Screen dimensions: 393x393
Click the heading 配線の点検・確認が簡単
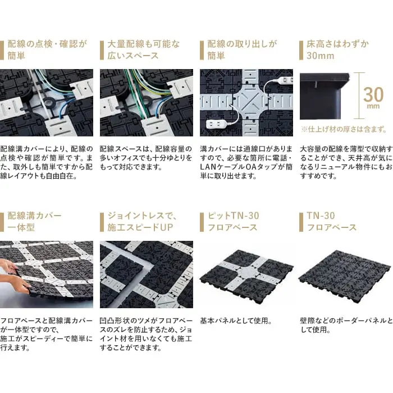tap(47, 49)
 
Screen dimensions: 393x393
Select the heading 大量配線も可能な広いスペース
tap(144, 49)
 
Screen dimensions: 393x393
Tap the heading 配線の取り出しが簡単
tap(242, 49)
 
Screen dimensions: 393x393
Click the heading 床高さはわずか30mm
tap(337, 49)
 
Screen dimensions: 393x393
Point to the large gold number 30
tap(373, 94)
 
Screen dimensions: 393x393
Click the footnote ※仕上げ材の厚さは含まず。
tap(344, 129)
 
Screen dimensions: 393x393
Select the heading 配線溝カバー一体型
tap(34, 221)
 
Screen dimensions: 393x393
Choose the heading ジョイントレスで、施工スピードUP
tap(142, 221)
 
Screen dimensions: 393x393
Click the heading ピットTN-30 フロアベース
tap(234, 221)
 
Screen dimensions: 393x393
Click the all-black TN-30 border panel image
tap(345, 275)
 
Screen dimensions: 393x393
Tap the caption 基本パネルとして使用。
tap(236, 321)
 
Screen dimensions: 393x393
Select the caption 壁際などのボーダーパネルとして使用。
tap(346, 325)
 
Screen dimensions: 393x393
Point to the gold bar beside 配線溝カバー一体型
tap(2, 222)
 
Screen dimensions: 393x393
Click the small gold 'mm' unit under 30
tap(373, 106)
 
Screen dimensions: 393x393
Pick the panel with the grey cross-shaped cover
tap(246, 274)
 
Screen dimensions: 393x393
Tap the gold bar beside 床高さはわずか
tap(301, 51)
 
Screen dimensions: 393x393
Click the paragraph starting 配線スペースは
tap(146, 158)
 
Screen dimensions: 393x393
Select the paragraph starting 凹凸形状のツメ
tap(146, 335)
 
